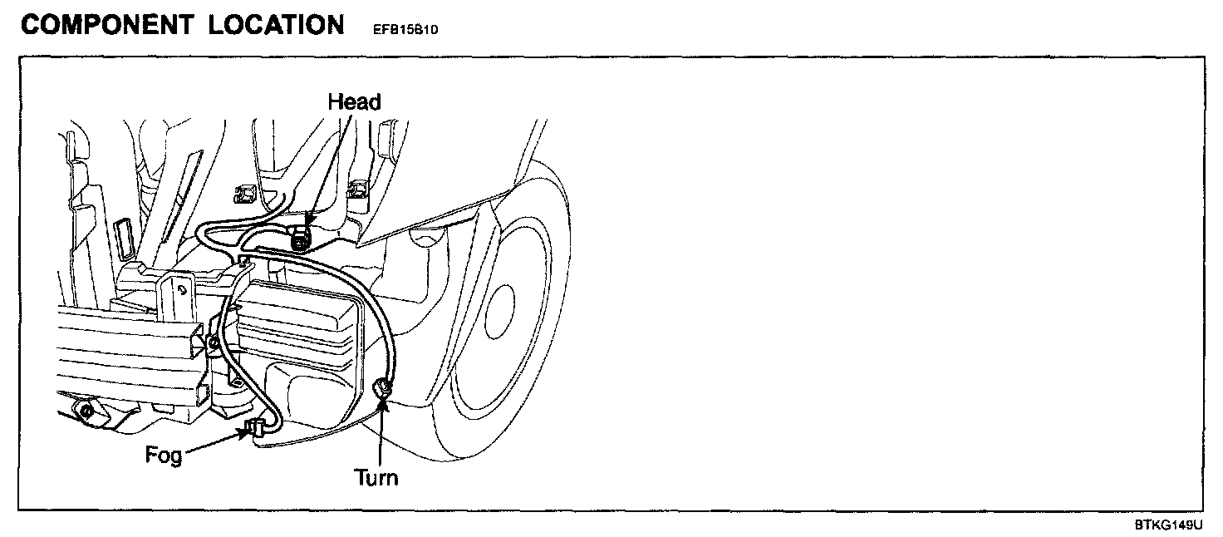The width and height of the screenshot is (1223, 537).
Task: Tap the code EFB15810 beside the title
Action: point(401,30)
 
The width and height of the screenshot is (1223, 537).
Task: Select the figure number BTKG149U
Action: point(1168,525)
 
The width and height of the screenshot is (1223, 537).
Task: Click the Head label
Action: point(354,102)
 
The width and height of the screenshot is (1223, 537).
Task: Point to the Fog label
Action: point(164,456)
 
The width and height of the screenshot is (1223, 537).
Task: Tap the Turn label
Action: point(376,477)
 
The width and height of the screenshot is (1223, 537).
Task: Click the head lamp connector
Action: point(301,238)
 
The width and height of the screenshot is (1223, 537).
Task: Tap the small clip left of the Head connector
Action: point(244,194)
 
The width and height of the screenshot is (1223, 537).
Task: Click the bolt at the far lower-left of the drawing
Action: point(86,410)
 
